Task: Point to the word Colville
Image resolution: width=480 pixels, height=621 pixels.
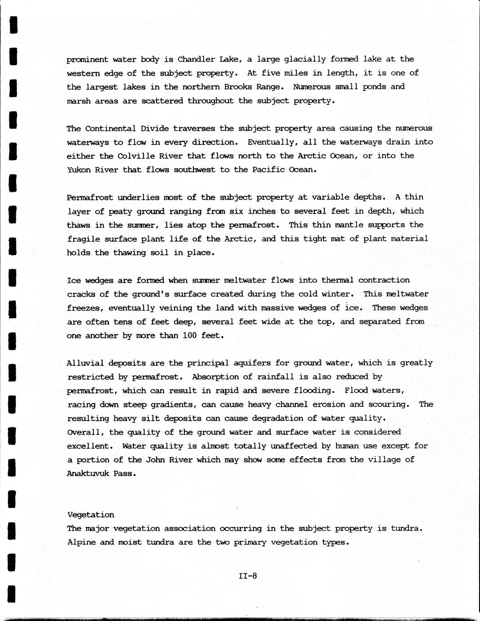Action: coord(136,156)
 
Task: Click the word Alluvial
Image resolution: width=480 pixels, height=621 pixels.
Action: coord(85,363)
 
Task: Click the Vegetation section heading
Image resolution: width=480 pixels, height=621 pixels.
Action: coord(90,514)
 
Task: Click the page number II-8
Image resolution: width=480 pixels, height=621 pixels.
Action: coord(248,576)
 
